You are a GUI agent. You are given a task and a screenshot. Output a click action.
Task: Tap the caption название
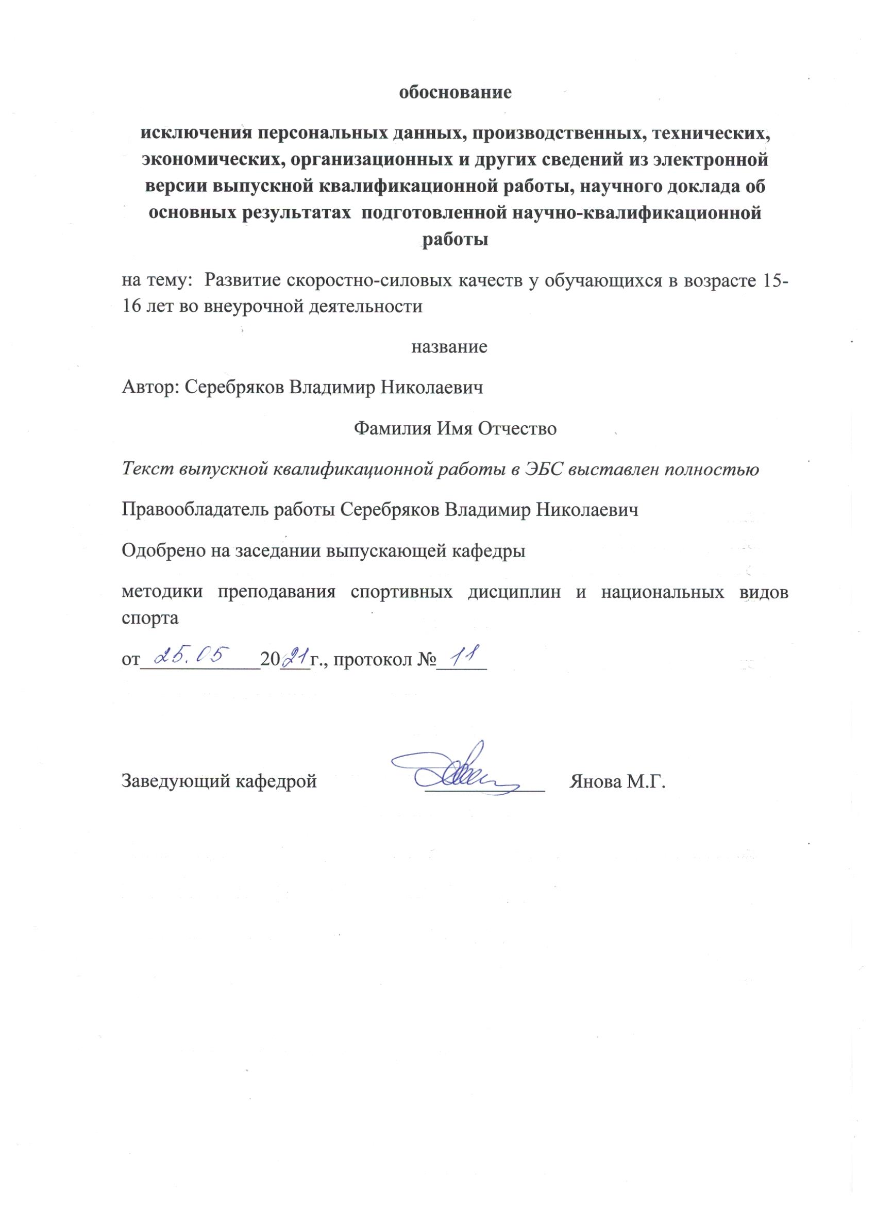coord(449,347)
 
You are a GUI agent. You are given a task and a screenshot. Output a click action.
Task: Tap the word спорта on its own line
coord(150,618)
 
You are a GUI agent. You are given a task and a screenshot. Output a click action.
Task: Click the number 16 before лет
coord(132,307)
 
